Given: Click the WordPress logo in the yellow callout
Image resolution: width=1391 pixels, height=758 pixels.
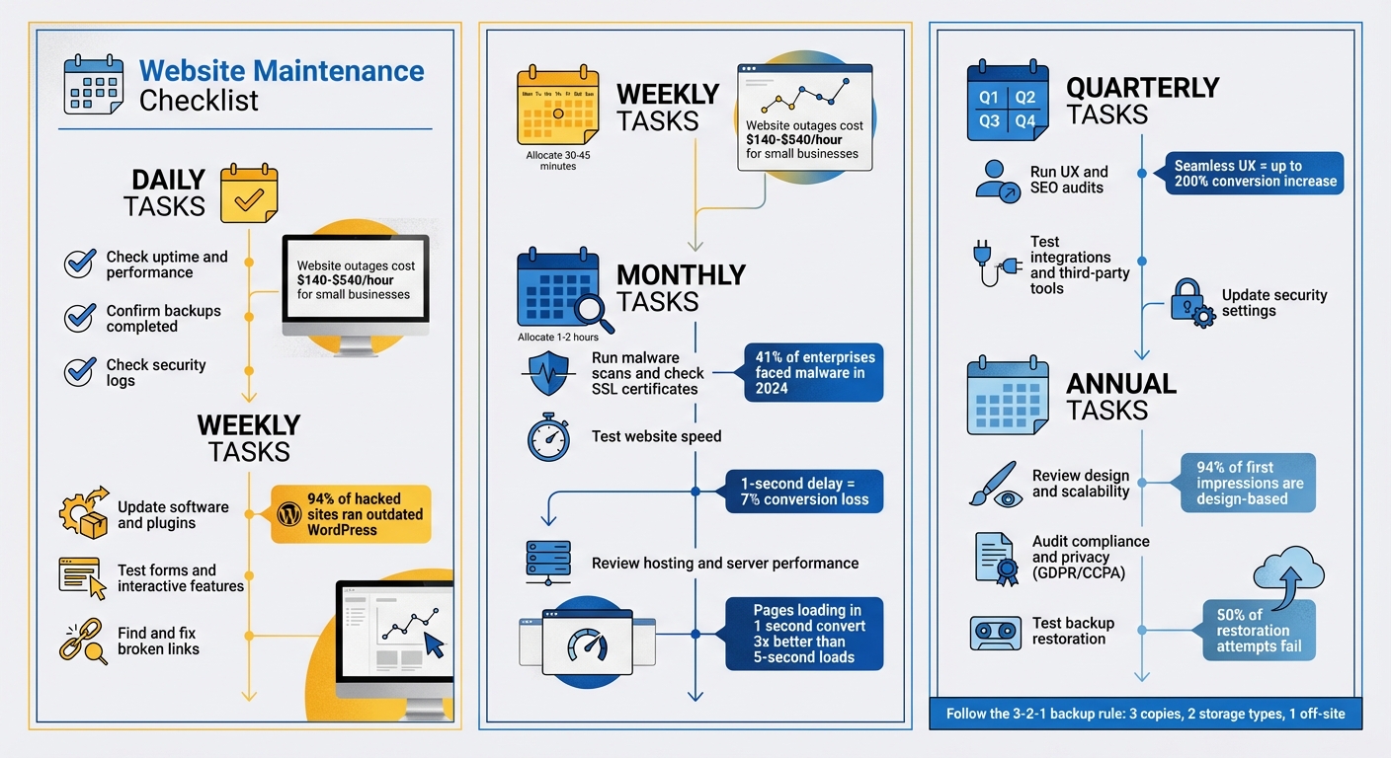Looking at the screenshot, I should click(288, 514).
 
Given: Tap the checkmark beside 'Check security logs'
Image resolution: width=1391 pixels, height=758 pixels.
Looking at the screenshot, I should click(79, 372).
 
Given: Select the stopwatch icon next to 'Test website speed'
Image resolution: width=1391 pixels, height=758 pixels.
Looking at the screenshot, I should click(548, 437).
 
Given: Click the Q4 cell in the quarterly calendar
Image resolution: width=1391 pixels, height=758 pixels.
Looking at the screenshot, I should click(1025, 121).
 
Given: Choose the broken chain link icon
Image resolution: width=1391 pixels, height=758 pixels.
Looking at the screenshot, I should click(83, 641).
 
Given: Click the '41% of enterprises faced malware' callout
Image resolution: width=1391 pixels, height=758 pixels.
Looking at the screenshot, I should click(811, 372).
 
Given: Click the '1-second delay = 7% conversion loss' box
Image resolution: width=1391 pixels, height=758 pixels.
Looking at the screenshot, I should click(804, 492).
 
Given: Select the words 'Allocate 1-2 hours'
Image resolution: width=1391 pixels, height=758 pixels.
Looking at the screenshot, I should click(558, 338).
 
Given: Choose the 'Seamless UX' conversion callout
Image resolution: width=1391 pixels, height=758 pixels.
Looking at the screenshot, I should click(1255, 174).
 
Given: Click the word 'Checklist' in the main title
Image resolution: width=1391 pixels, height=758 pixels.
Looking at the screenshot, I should click(199, 101).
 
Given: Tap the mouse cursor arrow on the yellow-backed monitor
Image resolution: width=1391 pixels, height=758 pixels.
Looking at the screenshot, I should click(435, 644).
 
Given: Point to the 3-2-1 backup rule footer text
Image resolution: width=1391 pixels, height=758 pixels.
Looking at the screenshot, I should click(1145, 714).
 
